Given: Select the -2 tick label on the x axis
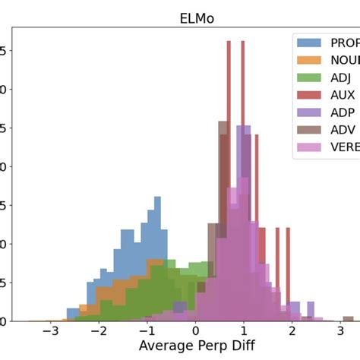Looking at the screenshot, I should (98, 332).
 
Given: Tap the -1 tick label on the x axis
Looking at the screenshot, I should (147, 332).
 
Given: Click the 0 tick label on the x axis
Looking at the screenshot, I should (195, 332).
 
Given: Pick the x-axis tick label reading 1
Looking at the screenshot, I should (244, 332).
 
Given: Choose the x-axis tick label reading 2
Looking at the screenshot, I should (292, 332).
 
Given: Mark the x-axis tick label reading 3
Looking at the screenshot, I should (340, 332).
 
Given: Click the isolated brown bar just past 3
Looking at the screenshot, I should (348, 318).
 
